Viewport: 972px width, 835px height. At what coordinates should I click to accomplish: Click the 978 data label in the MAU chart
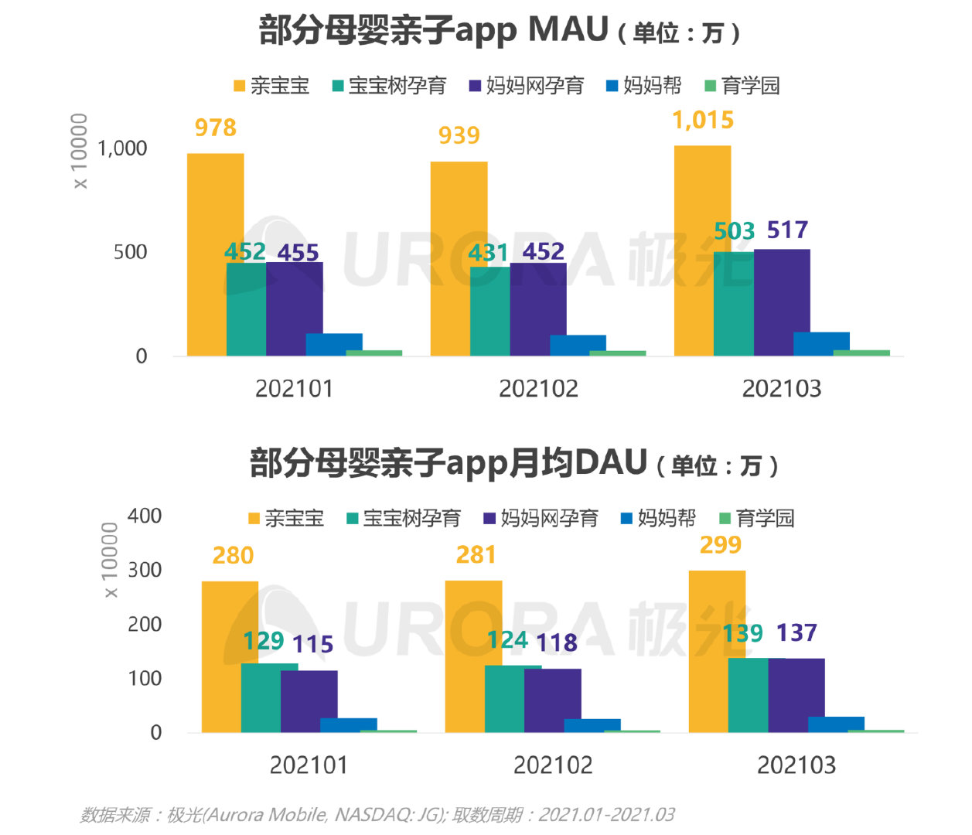pos(215,128)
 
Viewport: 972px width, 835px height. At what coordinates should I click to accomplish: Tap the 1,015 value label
pos(702,121)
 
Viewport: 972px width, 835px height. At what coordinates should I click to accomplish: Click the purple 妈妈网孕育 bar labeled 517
pos(782,302)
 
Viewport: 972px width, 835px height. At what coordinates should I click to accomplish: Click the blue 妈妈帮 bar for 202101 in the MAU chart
pos(334,344)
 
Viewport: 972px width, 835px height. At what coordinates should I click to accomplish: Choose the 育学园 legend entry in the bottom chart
pos(757,518)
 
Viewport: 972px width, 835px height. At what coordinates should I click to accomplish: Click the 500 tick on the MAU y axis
pos(130,252)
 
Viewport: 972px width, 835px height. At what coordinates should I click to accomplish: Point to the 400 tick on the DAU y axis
pos(145,516)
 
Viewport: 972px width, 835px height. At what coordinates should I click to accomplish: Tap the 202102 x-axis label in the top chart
pos(538,388)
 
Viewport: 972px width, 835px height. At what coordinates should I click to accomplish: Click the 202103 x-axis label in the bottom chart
pos(796,765)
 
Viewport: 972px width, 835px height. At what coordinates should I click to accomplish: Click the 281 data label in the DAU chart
pos(476,555)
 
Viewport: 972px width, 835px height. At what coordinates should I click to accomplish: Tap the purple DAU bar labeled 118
pos(552,700)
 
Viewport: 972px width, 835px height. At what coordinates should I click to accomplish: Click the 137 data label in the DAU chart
pos(796,633)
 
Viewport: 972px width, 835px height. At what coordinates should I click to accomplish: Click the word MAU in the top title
pos(568,29)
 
